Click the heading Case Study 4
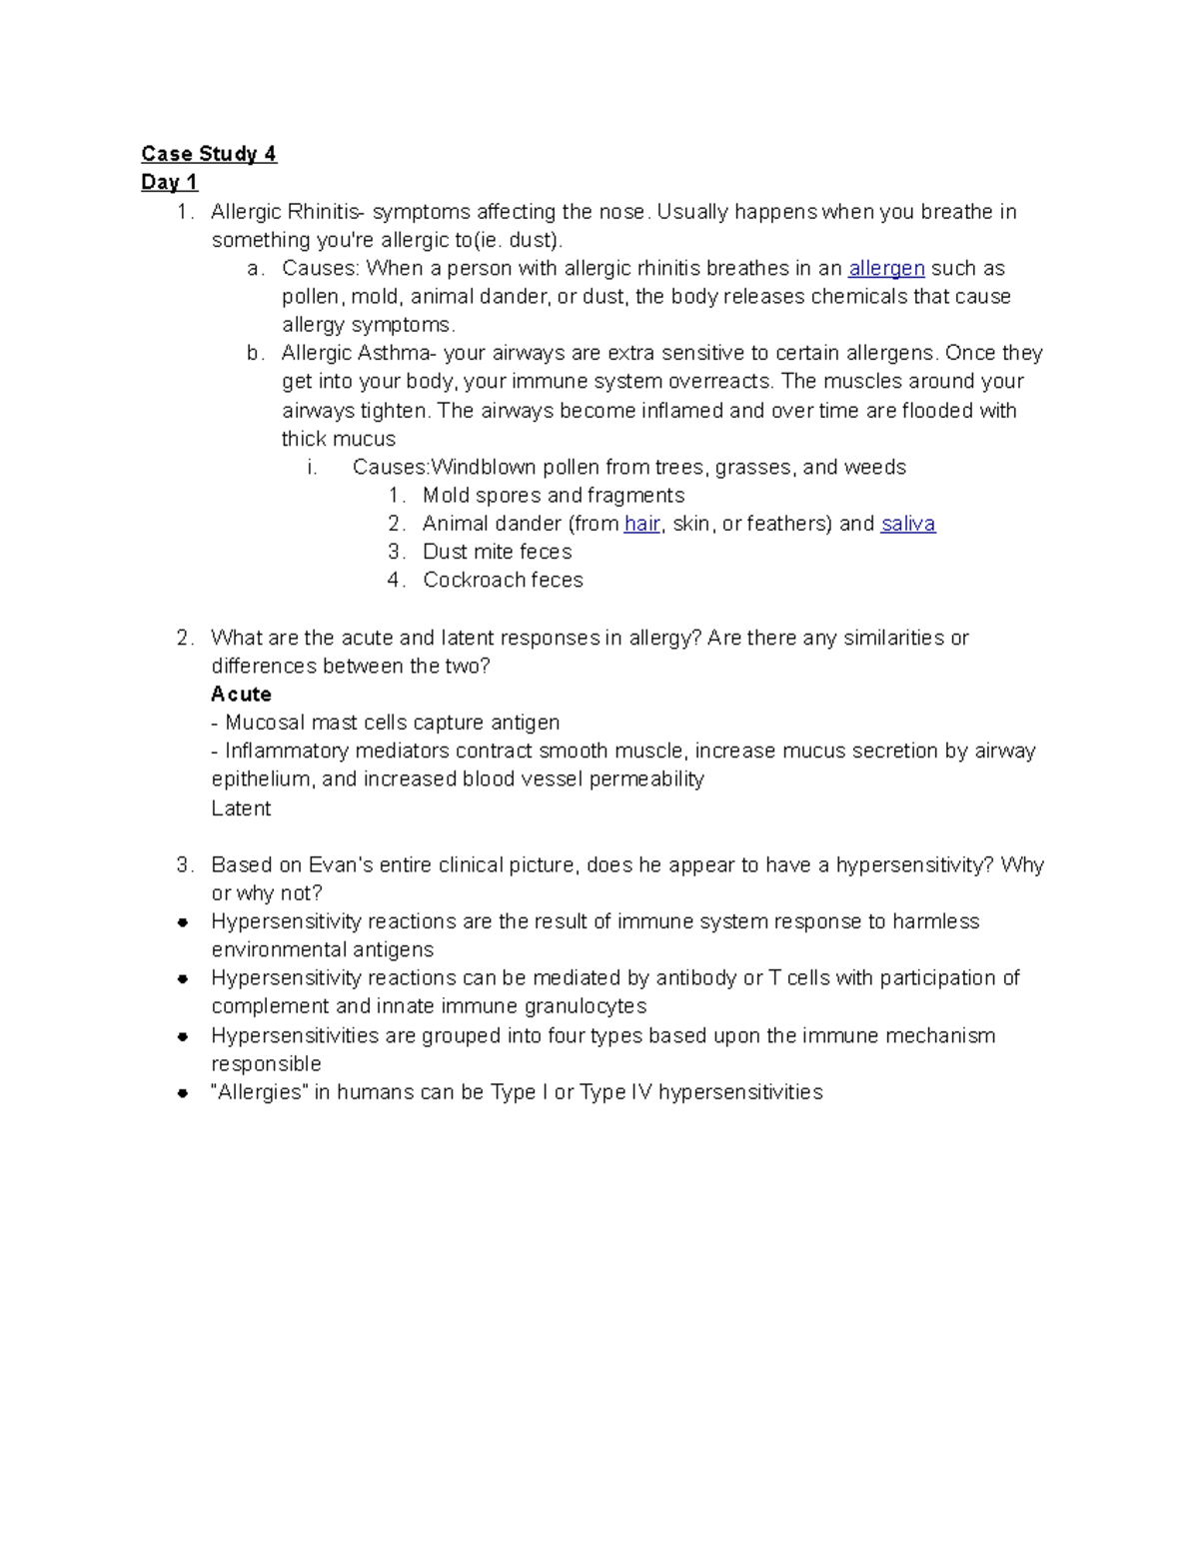208,154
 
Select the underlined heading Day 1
169,182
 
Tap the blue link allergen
886,268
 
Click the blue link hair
641,524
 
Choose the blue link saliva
907,524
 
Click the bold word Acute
241,694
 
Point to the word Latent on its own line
241,808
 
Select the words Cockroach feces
503,580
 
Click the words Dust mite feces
497,552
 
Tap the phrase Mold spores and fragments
553,496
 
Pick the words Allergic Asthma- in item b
359,353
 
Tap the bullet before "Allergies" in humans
183,1093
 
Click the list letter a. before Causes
255,268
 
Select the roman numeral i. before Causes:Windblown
313,468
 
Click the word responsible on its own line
266,1063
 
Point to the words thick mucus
338,439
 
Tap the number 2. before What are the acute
184,638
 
